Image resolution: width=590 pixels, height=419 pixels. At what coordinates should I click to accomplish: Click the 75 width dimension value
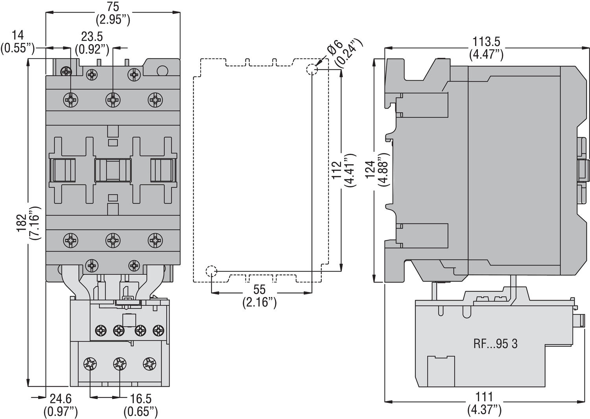tap(113, 7)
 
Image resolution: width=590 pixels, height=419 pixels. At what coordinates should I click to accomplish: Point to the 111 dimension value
tap(484, 397)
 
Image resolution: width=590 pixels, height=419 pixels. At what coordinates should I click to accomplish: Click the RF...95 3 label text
tap(495, 344)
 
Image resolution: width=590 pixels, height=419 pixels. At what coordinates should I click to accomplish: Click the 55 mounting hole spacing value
tap(259, 290)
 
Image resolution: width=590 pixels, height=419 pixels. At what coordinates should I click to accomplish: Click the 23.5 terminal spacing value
tap(92, 37)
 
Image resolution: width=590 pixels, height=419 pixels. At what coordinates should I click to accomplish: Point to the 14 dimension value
tap(18, 35)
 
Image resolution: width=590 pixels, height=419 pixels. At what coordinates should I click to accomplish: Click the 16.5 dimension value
tap(140, 399)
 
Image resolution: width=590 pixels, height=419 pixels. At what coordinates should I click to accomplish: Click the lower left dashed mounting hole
tap(211, 271)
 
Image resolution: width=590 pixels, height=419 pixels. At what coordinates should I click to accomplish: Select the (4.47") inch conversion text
tap(486, 55)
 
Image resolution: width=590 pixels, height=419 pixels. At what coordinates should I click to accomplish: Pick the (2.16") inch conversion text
tap(259, 302)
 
